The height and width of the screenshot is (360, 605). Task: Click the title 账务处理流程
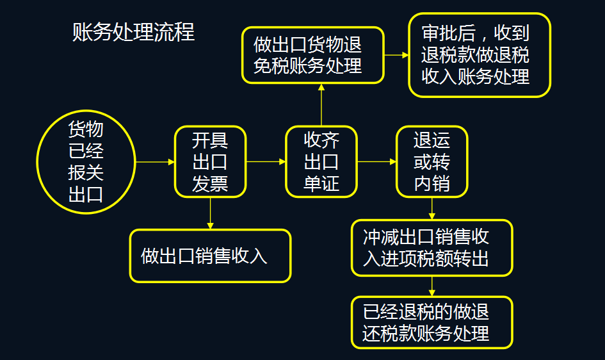(x=133, y=32)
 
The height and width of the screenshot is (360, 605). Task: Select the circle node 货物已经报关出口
(x=86, y=161)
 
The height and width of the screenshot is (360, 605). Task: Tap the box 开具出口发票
(x=210, y=161)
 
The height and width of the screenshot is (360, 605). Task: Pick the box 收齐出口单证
(x=321, y=161)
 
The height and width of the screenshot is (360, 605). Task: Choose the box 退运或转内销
(x=432, y=161)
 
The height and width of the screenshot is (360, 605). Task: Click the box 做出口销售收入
(x=210, y=256)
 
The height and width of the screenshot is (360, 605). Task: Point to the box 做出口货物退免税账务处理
(x=312, y=55)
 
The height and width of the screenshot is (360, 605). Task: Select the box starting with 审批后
(x=480, y=55)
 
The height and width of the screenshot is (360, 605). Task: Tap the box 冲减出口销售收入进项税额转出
(x=432, y=248)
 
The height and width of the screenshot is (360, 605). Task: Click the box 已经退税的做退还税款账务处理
(x=432, y=322)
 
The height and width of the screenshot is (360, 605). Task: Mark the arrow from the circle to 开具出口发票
(x=154, y=161)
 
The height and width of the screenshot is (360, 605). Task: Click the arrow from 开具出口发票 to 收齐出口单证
(x=266, y=161)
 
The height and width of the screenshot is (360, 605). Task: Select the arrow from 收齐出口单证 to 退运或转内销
(x=376, y=161)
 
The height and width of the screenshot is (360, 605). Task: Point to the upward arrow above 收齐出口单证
(x=321, y=105)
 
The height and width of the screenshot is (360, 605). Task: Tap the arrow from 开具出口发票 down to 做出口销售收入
(x=210, y=213)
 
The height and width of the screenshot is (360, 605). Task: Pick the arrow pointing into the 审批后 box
(x=396, y=55)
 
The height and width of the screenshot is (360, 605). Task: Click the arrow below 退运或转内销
(x=432, y=208)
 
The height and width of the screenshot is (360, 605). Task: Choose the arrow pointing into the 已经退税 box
(x=432, y=286)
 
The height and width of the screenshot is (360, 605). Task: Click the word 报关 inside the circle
(x=86, y=172)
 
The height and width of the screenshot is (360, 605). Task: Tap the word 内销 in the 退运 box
(x=432, y=184)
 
